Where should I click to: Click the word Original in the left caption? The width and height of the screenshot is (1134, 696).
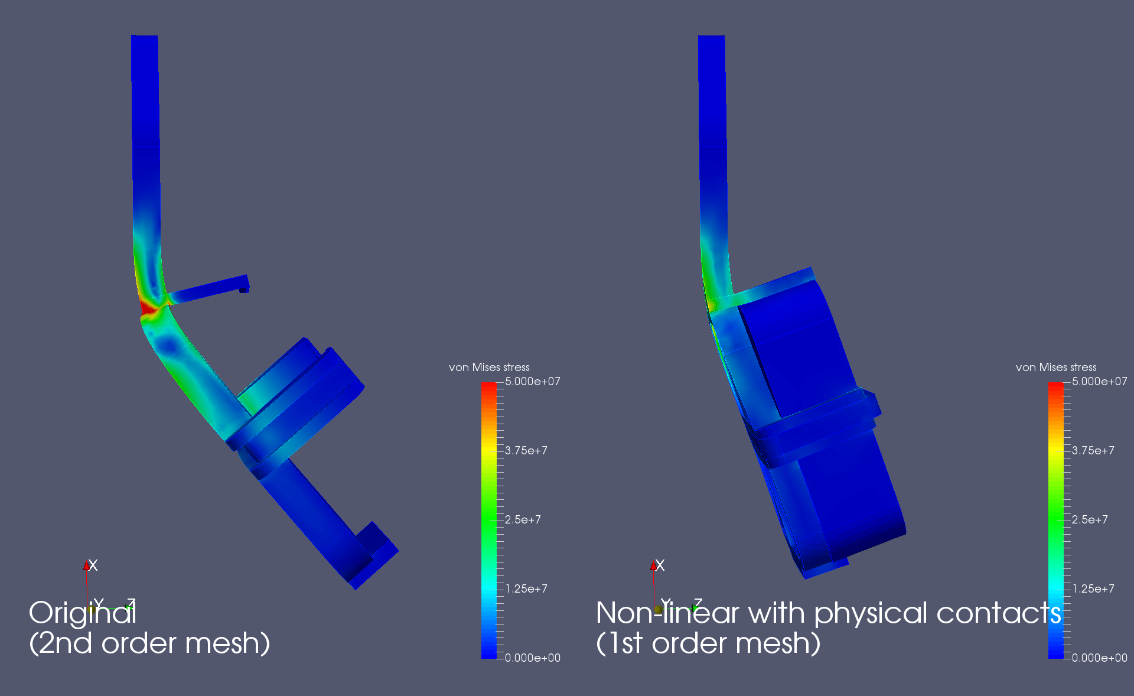(x=83, y=613)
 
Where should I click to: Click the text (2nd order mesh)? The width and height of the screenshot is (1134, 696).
(x=149, y=643)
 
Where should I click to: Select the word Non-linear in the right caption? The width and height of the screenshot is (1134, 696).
(x=667, y=613)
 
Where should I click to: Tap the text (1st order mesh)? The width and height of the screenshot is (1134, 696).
(x=708, y=643)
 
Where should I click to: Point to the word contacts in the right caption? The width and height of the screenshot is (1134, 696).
(x=999, y=613)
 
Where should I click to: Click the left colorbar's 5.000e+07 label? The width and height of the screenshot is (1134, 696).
(x=533, y=382)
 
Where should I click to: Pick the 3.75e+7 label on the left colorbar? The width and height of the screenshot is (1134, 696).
(x=526, y=451)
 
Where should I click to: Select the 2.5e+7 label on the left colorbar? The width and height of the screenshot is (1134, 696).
(x=523, y=520)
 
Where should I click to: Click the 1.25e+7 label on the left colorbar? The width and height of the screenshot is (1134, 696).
(x=526, y=589)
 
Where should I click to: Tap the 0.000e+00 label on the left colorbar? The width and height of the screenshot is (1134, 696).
(x=533, y=658)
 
